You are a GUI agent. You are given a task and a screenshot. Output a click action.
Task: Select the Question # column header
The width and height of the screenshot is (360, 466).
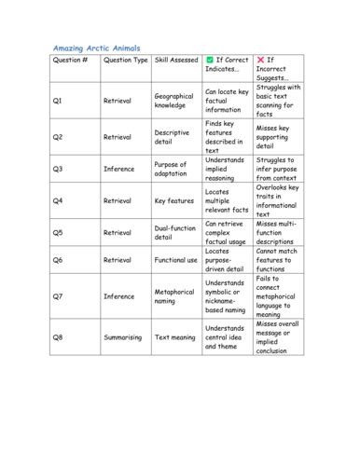pyautogui.click(x=71, y=60)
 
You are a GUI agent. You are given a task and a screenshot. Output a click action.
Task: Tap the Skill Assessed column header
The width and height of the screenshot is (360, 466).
pyautogui.click(x=176, y=60)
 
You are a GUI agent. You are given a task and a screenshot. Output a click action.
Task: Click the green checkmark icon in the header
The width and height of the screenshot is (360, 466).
pyautogui.click(x=210, y=60)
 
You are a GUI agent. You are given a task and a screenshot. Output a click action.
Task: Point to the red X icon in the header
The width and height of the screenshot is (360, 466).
pyautogui.click(x=260, y=60)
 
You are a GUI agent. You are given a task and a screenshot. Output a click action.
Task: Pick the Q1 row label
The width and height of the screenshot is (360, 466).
pyautogui.click(x=58, y=101)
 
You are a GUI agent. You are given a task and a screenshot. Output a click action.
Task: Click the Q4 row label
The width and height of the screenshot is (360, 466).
pyautogui.click(x=58, y=200)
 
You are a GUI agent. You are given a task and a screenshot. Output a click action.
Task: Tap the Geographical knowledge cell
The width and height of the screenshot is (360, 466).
pyautogui.click(x=173, y=101)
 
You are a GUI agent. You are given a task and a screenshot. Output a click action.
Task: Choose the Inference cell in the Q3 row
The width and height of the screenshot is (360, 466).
pyautogui.click(x=119, y=170)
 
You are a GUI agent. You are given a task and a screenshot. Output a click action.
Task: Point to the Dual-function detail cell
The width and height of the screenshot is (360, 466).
pyautogui.click(x=175, y=233)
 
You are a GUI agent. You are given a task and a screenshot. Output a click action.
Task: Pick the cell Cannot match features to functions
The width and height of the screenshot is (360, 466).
pyautogui.click(x=279, y=260)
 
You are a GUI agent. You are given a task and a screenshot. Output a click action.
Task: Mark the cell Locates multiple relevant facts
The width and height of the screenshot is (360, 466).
pyautogui.click(x=227, y=200)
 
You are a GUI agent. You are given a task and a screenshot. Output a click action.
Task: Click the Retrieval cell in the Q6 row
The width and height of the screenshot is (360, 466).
pyautogui.click(x=118, y=260)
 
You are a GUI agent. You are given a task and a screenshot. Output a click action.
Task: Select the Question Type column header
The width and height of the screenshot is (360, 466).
pyautogui.click(x=125, y=60)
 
